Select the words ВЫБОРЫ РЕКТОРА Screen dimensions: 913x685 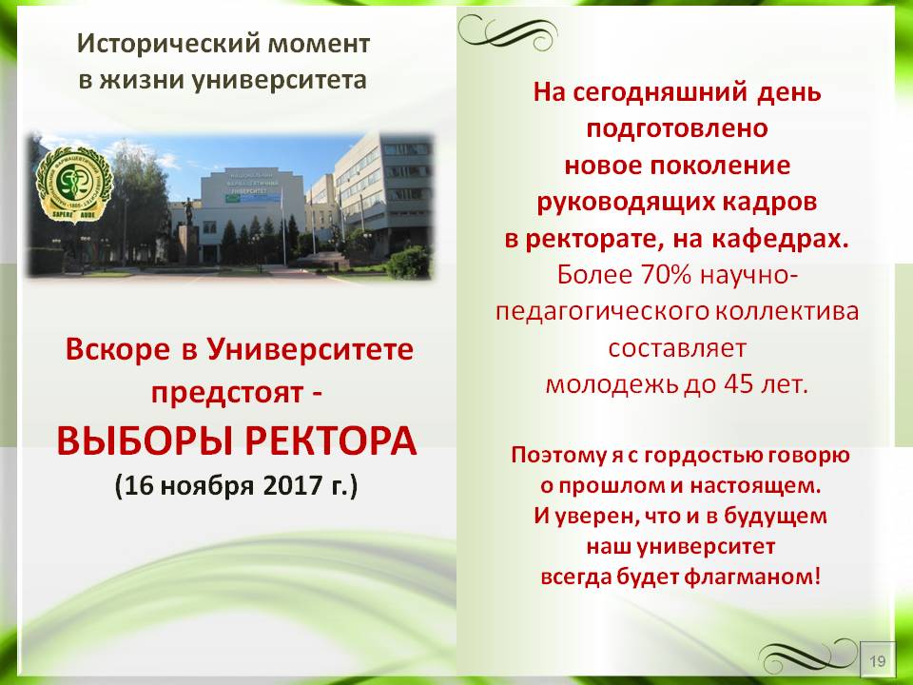pos(237,441)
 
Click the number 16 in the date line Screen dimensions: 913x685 pos(139,485)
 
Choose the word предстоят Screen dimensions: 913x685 pos(227,394)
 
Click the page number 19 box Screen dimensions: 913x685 pos(878,660)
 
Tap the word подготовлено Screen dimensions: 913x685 pos(677,129)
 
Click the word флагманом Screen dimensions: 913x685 pos(752,577)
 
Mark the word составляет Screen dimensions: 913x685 pos(677,348)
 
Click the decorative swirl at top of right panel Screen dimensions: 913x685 pos(507,31)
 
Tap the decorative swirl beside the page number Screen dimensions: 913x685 pos(808,656)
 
